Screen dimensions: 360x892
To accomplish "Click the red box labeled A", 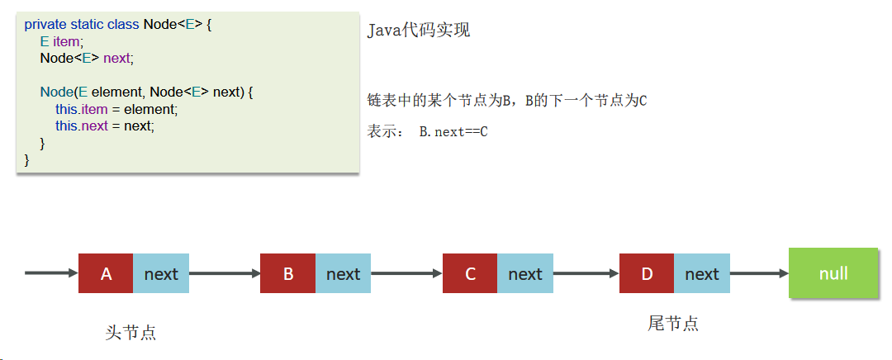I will [x=106, y=273].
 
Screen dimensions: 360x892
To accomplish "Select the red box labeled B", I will [x=287, y=273].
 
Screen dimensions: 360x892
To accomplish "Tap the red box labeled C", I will [x=470, y=273].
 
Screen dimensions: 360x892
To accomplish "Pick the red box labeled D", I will [x=647, y=273].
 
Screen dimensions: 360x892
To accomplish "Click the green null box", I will [x=833, y=272].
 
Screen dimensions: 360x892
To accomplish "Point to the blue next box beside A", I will [x=161, y=273].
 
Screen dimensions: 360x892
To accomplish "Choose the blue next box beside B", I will [x=343, y=273].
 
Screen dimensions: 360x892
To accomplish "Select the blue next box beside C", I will [x=525, y=273].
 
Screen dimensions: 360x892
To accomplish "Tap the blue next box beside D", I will [x=702, y=273].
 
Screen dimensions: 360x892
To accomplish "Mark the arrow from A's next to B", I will [x=225, y=273].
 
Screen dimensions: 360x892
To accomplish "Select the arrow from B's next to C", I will [x=406, y=273].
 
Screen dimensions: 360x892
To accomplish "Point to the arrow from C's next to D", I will [x=586, y=273].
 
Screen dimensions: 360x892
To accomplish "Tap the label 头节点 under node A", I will [x=131, y=333].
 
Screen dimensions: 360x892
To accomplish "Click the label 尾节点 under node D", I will [x=673, y=324].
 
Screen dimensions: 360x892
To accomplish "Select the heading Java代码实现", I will [x=419, y=31].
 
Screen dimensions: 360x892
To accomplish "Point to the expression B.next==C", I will [x=453, y=132].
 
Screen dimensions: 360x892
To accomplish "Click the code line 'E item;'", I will [x=61, y=41].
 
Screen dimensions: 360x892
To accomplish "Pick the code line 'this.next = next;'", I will [x=105, y=126].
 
